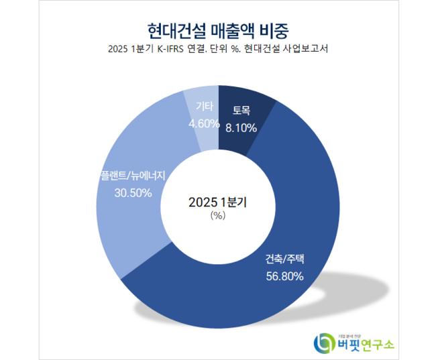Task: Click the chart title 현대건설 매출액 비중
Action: pos(218,30)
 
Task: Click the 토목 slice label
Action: pos(241,111)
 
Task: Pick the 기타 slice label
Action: pos(203,107)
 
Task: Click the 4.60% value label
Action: pos(203,123)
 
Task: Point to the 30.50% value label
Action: pos(133,192)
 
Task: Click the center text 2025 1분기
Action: pos(217,201)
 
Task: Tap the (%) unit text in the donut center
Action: pos(217,215)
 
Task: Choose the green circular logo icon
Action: pos(325,343)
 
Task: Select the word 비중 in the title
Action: pos(275,30)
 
